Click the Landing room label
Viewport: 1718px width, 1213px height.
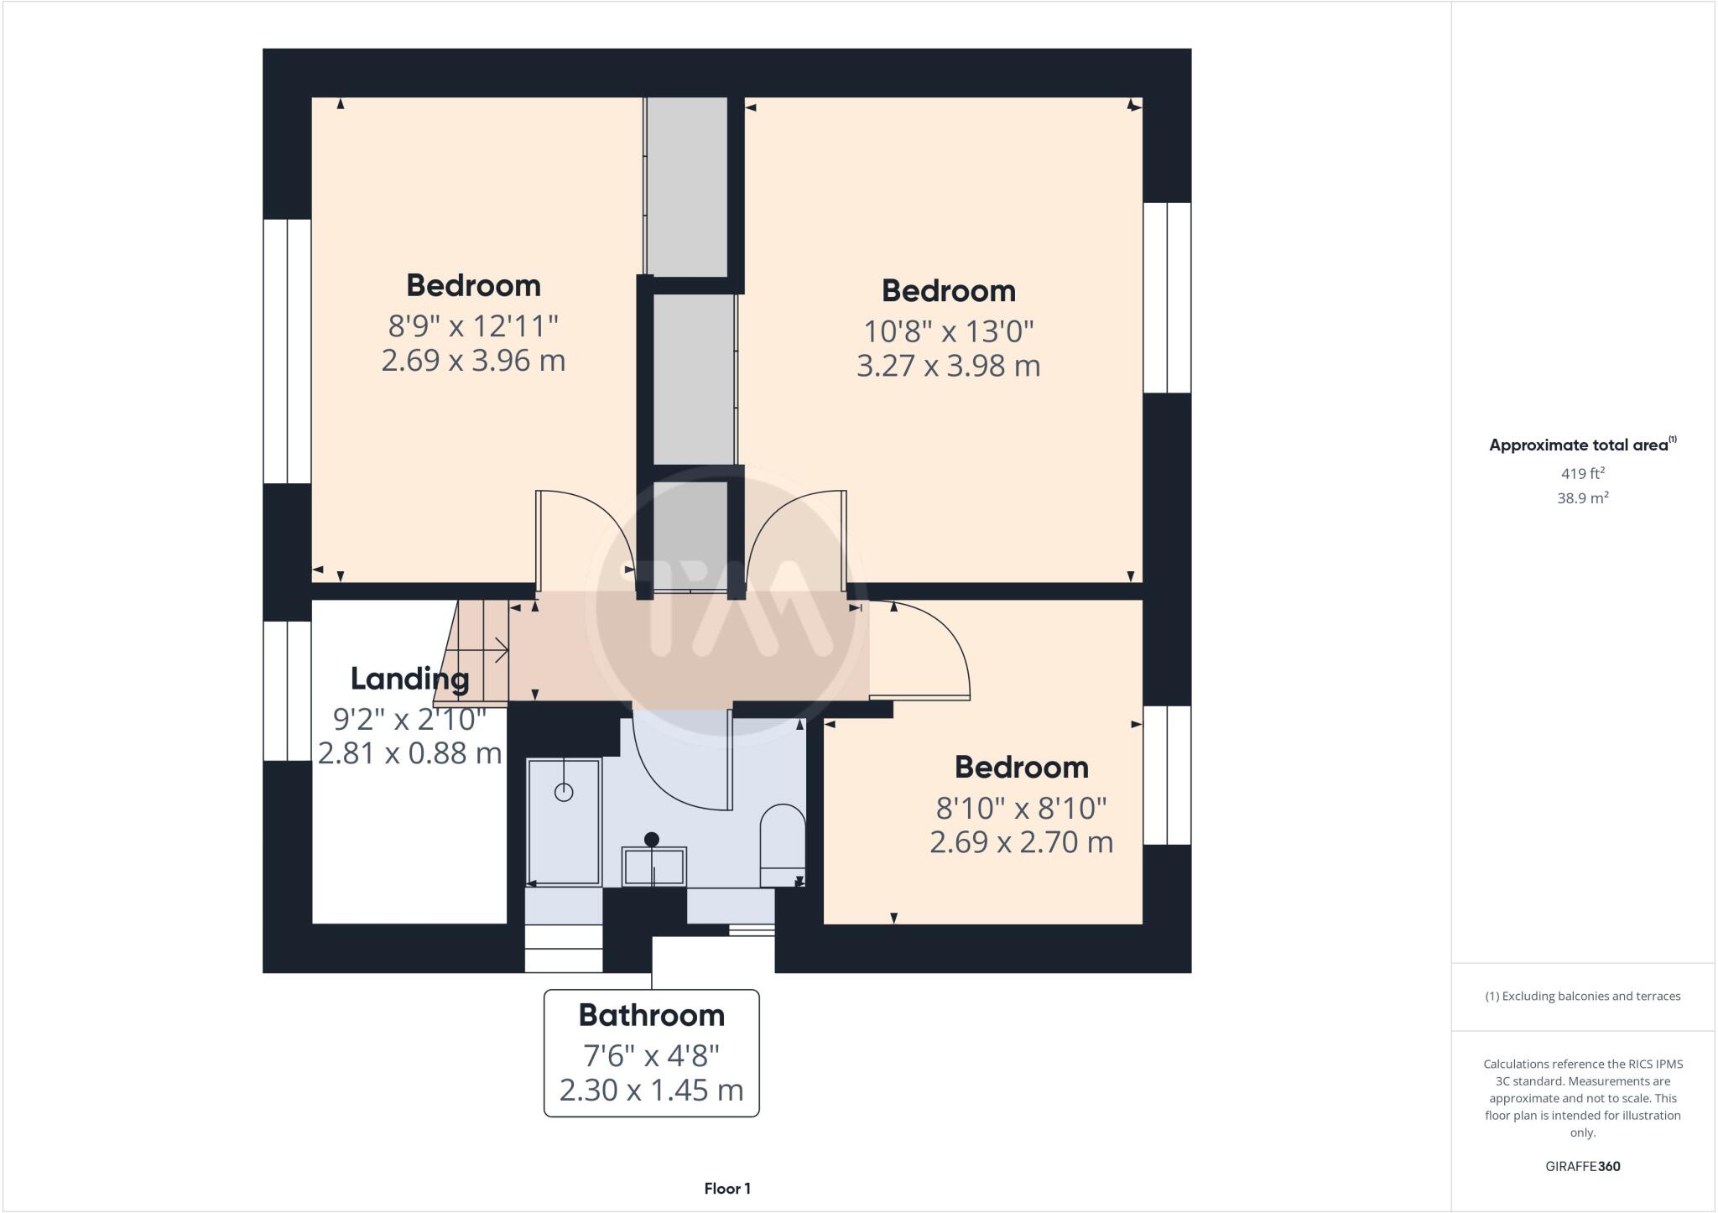(x=409, y=678)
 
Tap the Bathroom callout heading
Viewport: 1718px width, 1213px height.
(x=652, y=1015)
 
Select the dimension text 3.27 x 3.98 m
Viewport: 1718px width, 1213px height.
(x=948, y=366)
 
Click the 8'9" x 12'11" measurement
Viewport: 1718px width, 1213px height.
(x=473, y=325)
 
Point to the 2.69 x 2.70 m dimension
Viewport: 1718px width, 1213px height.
(x=1021, y=841)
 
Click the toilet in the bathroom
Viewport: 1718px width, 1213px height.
(x=782, y=845)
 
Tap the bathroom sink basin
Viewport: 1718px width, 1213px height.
(x=653, y=865)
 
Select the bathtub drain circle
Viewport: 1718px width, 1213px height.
(x=564, y=791)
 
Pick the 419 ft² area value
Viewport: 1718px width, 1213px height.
(x=1582, y=473)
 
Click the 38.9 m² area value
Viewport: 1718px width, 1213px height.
(x=1582, y=497)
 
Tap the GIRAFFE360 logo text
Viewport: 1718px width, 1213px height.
(x=1582, y=1166)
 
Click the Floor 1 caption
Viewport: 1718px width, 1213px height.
(x=727, y=1188)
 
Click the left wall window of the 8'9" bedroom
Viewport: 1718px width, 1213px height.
(x=287, y=351)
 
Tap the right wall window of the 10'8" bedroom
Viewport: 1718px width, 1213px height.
(x=1168, y=298)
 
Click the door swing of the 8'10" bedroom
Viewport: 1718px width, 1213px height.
(x=931, y=654)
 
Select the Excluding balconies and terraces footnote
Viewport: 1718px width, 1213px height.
(x=1582, y=997)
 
